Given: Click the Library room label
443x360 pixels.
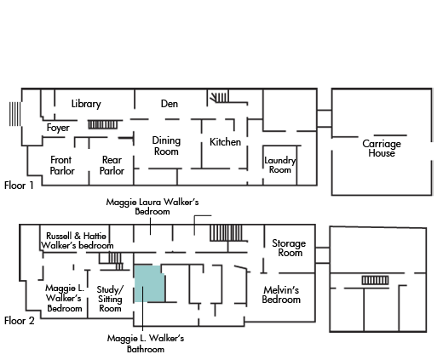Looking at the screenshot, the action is tap(86, 104).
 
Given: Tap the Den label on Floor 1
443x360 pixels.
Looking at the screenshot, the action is tap(170, 104).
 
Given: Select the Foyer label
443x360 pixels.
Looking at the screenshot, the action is tap(58, 128).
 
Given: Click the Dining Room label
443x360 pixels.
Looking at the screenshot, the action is tap(166, 146).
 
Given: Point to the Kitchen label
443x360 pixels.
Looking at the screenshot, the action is tap(225, 142).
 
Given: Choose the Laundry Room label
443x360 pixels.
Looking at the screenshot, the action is tap(280, 165).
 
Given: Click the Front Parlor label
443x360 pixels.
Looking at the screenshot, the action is tap(62, 165).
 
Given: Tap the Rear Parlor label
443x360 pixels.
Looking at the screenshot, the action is tap(112, 165).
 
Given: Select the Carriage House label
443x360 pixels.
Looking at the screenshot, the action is tap(382, 148).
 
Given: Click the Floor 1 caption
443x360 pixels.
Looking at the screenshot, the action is tap(19, 186).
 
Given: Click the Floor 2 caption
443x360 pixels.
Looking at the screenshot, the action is tap(20, 321).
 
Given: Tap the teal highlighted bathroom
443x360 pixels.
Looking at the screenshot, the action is tap(149, 283).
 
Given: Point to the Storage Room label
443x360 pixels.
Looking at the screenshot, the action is tap(289, 248).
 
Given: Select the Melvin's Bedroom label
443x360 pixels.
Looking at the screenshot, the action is tap(281, 294).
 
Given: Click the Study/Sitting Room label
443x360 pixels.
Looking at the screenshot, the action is tap(110, 299).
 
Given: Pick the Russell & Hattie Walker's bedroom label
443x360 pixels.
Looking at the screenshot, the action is tap(78, 241).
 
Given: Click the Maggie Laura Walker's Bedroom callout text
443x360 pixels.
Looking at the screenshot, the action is tap(152, 207).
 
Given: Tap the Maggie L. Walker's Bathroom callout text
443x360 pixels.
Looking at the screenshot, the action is tap(146, 343).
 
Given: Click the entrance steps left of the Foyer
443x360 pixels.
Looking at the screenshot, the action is tap(14, 114).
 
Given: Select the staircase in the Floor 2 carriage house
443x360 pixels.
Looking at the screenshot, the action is tap(375, 280).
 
